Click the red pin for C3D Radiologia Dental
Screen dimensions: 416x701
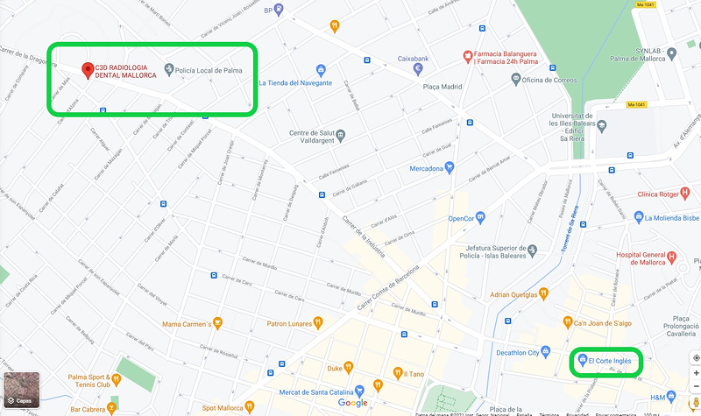tap(87, 70)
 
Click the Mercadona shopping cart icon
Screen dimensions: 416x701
tap(449, 166)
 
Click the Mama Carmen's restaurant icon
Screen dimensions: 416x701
tap(217, 323)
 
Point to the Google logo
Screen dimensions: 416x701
tap(352, 402)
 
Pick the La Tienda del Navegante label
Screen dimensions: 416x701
tap(294, 82)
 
